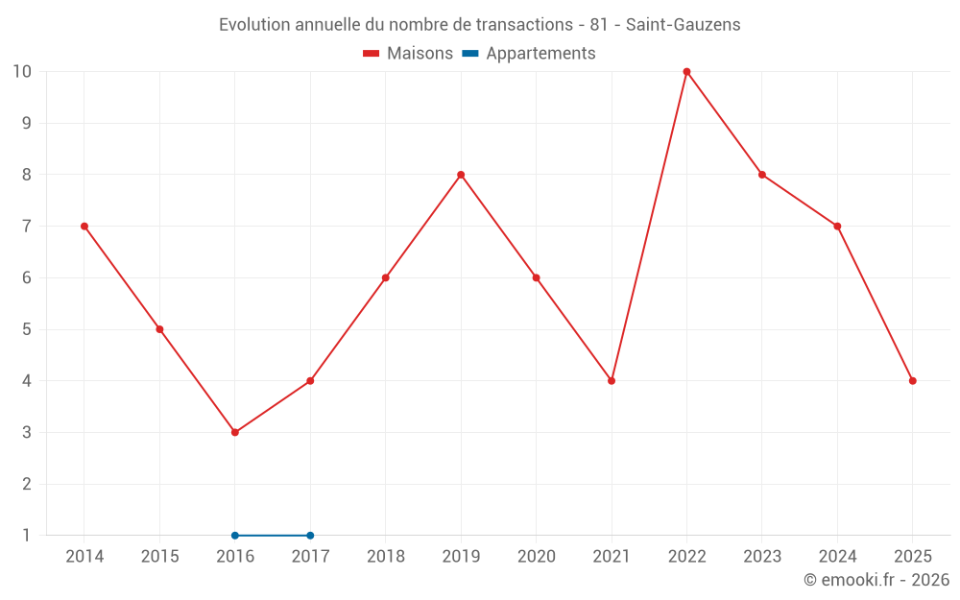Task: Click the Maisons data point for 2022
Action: [x=686, y=71]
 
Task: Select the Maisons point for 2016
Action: [x=235, y=432]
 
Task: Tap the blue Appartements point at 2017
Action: [x=310, y=535]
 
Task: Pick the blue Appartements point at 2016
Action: [x=235, y=535]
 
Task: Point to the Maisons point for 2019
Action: [x=461, y=175]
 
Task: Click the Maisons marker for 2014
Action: [x=84, y=227]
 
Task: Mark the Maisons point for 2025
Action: [x=912, y=381]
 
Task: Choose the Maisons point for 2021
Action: [x=612, y=381]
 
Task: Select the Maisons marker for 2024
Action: [x=837, y=227]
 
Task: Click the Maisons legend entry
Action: [x=408, y=54]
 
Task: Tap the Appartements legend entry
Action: [x=529, y=54]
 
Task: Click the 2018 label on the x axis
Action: [x=386, y=557]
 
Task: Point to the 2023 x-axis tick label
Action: [x=762, y=557]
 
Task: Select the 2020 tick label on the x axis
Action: [x=537, y=557]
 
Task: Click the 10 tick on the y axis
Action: [x=22, y=71]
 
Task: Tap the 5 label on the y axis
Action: [x=27, y=329]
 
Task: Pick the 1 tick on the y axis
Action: [x=27, y=535]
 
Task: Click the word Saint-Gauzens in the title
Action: [x=683, y=25]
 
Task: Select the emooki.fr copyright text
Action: [x=876, y=580]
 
